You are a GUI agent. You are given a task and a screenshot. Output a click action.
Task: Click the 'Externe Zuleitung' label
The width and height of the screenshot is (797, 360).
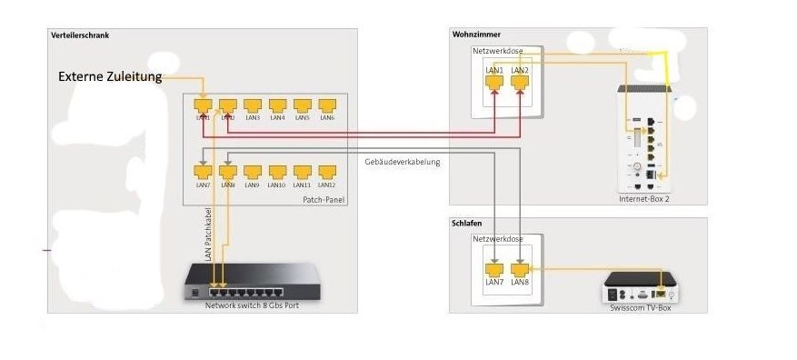tap(110, 77)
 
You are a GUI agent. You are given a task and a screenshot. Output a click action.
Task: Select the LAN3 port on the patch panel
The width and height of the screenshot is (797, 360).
tap(253, 106)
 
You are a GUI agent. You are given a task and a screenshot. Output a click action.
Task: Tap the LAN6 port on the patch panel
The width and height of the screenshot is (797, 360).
tap(328, 106)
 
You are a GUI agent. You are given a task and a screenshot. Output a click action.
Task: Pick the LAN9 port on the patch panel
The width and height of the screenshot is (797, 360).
tap(253, 172)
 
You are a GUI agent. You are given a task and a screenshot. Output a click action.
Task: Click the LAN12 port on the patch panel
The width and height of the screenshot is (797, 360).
tap(328, 172)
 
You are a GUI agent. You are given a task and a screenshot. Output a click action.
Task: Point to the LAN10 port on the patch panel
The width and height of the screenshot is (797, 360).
tap(278, 172)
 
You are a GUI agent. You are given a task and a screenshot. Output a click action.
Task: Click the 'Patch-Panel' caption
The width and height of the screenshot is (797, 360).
tap(323, 200)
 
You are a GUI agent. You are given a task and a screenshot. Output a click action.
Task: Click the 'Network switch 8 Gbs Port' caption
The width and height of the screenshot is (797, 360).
tap(252, 305)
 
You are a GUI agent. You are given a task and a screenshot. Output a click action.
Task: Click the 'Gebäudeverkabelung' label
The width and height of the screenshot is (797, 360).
tap(402, 162)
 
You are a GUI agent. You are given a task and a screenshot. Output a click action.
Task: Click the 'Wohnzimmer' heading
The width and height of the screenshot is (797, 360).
tap(476, 35)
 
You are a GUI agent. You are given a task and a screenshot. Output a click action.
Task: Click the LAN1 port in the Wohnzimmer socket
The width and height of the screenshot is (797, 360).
tap(494, 82)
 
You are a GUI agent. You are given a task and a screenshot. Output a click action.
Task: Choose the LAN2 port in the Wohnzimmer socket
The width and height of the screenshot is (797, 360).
tap(520, 82)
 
